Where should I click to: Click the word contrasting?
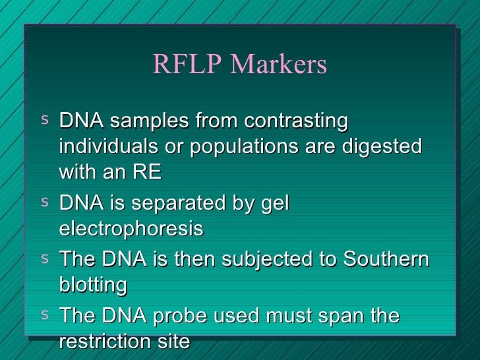click(296, 122)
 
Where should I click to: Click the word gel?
click(276, 204)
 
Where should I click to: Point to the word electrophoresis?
click(131, 229)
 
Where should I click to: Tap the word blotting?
click(93, 285)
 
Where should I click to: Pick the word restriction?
click(107, 342)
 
